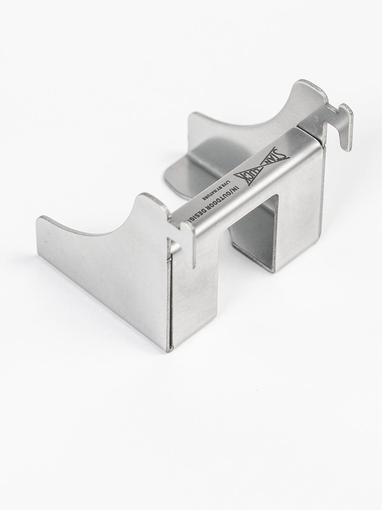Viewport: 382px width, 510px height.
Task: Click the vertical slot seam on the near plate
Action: coord(170,297)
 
